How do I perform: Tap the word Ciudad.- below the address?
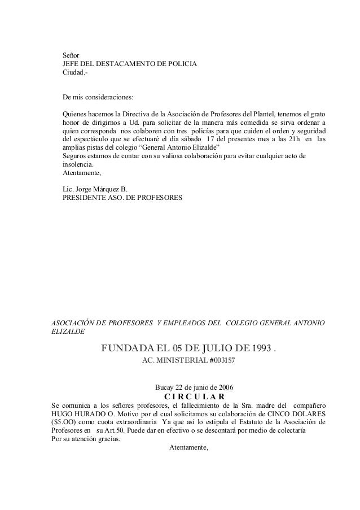click(74, 75)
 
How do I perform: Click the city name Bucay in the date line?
click(164, 387)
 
